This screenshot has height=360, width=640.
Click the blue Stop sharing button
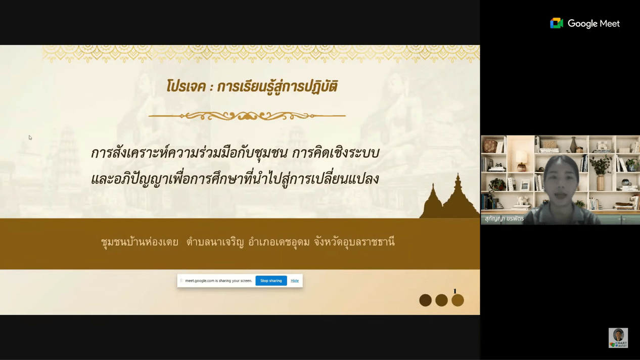coord(271,281)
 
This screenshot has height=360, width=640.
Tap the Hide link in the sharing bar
coord(295,281)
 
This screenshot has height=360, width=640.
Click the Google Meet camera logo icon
coord(557,23)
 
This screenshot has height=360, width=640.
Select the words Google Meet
coord(593,23)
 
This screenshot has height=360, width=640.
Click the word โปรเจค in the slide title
coord(186,86)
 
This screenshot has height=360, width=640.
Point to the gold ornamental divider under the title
coord(247,116)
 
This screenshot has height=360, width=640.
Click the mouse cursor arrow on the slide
coord(30,138)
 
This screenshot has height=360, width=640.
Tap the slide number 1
coord(455,291)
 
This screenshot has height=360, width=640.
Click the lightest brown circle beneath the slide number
coord(458,300)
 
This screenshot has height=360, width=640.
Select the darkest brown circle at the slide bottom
coord(425,300)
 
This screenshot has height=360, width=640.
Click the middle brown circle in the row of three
coord(441,300)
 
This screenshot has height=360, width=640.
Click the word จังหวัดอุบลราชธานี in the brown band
coord(354,242)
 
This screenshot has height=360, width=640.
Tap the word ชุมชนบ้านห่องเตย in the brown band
coord(140,242)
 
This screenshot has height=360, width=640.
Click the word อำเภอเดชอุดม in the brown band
coord(279,242)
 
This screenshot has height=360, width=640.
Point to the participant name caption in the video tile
coord(505,219)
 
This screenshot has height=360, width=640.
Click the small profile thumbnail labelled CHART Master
coord(618,338)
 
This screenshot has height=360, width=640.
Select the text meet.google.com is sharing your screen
coord(218,281)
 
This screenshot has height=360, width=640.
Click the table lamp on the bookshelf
coord(521,161)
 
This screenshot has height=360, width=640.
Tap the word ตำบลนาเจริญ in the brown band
coord(215,242)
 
